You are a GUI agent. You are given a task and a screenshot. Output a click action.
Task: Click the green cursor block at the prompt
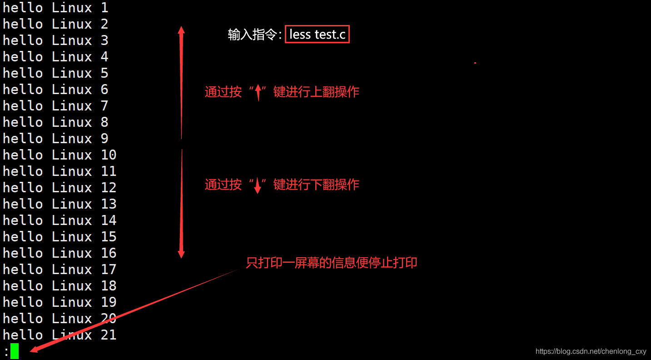pos(15,351)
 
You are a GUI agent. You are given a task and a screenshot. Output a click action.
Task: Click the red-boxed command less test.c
pos(317,34)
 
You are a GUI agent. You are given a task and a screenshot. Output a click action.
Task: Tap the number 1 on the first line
pos(104,8)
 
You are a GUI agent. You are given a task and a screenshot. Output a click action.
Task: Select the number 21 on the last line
pos(109,335)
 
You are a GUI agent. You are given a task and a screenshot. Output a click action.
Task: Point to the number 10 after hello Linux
pos(109,155)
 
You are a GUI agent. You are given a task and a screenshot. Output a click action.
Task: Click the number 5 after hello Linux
pos(104,73)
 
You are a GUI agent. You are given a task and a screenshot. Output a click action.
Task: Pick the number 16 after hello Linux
pos(109,253)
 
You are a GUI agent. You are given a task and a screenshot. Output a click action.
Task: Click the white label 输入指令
pos(252,35)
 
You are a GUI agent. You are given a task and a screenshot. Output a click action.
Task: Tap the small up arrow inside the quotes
pos(258,93)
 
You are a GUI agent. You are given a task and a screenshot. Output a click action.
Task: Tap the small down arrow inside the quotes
pos(258,185)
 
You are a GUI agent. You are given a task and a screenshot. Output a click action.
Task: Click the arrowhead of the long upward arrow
pos(181,31)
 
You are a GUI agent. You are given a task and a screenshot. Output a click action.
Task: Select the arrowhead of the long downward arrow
pos(181,253)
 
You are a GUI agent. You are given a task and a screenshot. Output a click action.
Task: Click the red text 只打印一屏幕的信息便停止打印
pos(331,263)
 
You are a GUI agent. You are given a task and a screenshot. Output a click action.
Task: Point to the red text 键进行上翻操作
pos(316,92)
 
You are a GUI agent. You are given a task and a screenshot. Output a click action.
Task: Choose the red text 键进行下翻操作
pos(316,185)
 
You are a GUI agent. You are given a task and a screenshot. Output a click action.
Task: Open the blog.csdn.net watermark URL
pos(591,351)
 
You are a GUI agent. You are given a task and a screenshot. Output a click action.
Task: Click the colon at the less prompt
pos(6,352)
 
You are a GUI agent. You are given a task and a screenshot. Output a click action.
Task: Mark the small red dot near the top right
pos(475,63)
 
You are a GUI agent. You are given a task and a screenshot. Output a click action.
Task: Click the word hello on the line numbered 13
pos(23,204)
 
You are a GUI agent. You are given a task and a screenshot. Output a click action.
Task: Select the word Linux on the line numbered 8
pos(72,122)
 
